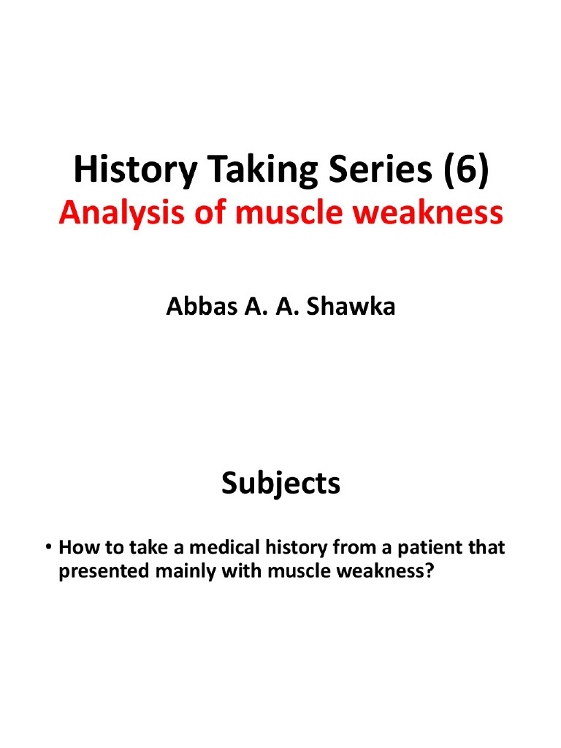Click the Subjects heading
click(280, 483)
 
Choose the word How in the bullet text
click(77, 548)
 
